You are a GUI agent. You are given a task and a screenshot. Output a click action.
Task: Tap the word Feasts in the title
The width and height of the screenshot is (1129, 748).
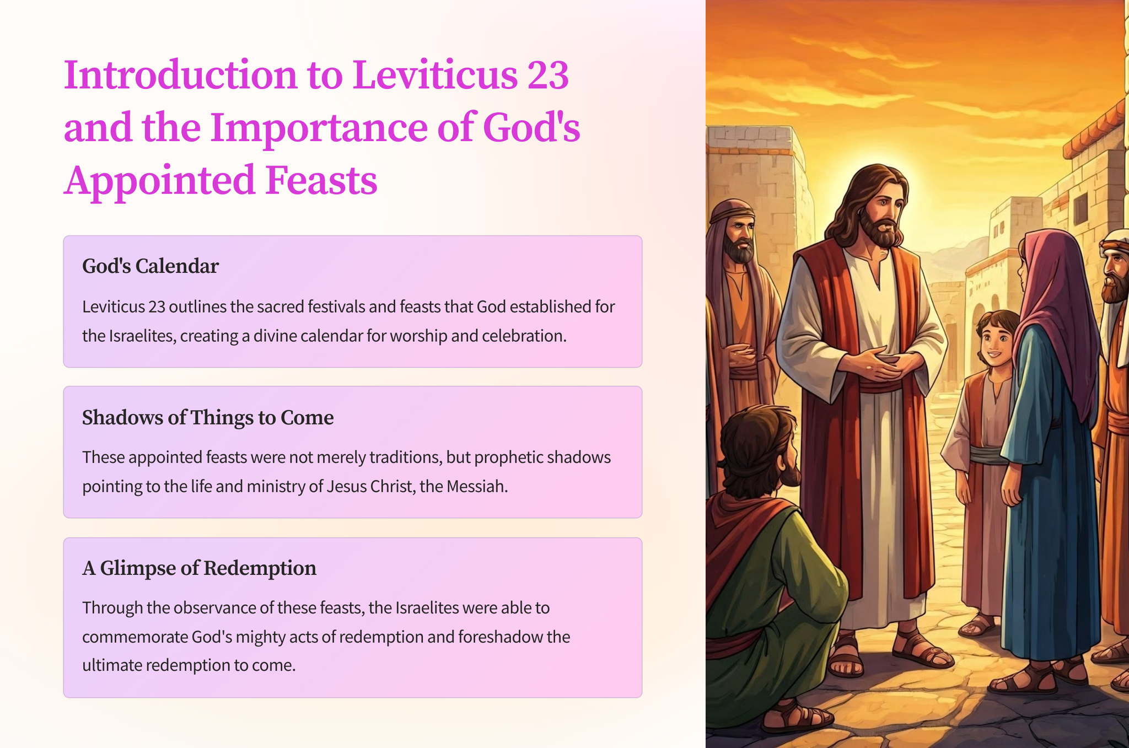[x=321, y=180]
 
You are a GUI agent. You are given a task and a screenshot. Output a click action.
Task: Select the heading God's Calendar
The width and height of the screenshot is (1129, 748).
[x=150, y=266]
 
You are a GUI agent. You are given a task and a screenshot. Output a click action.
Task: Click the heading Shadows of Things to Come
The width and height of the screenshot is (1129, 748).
[x=208, y=417]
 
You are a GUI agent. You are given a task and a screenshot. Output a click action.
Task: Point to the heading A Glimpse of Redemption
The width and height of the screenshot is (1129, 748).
[x=199, y=568]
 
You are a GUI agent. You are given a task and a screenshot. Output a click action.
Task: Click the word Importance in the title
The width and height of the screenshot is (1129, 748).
[x=319, y=127]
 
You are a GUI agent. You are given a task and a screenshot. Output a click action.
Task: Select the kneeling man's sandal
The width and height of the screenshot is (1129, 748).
[x=797, y=717]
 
